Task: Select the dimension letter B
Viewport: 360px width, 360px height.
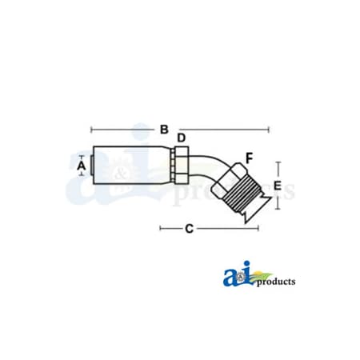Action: pos(163,129)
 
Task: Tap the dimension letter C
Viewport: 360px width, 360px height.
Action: pos(189,230)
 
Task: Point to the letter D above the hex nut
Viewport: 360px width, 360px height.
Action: pos(181,138)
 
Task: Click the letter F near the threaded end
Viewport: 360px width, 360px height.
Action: pos(227,157)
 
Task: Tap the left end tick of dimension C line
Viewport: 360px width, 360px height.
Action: pos(161,229)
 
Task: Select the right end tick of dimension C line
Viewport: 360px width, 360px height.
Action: pos(258,229)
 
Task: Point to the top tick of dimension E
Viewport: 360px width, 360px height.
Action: pos(278,162)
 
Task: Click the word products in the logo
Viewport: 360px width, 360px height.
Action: pos(276,282)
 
